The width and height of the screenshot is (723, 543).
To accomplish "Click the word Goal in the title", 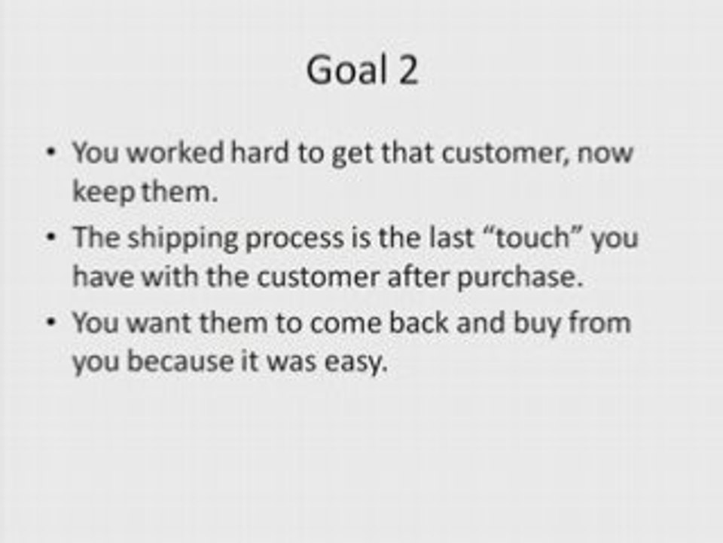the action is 346,69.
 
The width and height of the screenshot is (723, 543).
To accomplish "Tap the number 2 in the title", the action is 407,69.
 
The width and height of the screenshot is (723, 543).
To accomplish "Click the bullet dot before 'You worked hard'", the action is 51,152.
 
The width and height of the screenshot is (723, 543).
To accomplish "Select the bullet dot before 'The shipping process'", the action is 51,238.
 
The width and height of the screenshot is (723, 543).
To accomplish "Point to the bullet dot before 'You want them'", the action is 51,322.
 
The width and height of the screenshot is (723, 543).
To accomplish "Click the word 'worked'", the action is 175,152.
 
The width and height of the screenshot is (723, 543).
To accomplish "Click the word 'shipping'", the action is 182,238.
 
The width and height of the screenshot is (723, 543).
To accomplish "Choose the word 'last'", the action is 451,238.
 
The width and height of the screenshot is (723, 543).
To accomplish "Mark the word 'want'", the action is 159,323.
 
